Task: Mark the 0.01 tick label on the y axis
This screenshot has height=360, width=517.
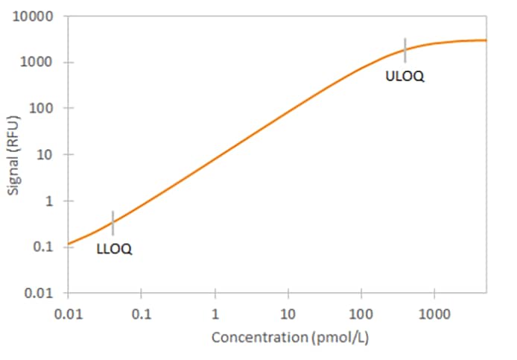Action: pos(39,293)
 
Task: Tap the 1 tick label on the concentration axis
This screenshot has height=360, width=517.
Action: pos(215,314)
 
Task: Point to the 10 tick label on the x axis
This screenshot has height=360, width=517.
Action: pos(288,314)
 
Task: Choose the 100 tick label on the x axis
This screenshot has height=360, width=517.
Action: pos(361,314)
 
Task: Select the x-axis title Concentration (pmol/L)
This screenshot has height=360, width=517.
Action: pos(290,338)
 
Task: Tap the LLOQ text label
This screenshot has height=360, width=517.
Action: pos(114,249)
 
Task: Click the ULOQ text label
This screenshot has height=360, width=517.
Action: pos(405,76)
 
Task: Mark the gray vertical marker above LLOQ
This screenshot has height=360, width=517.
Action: pos(112,222)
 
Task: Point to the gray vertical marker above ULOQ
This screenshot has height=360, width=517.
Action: pos(405,50)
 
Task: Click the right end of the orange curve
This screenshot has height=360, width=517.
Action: pos(486,40)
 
